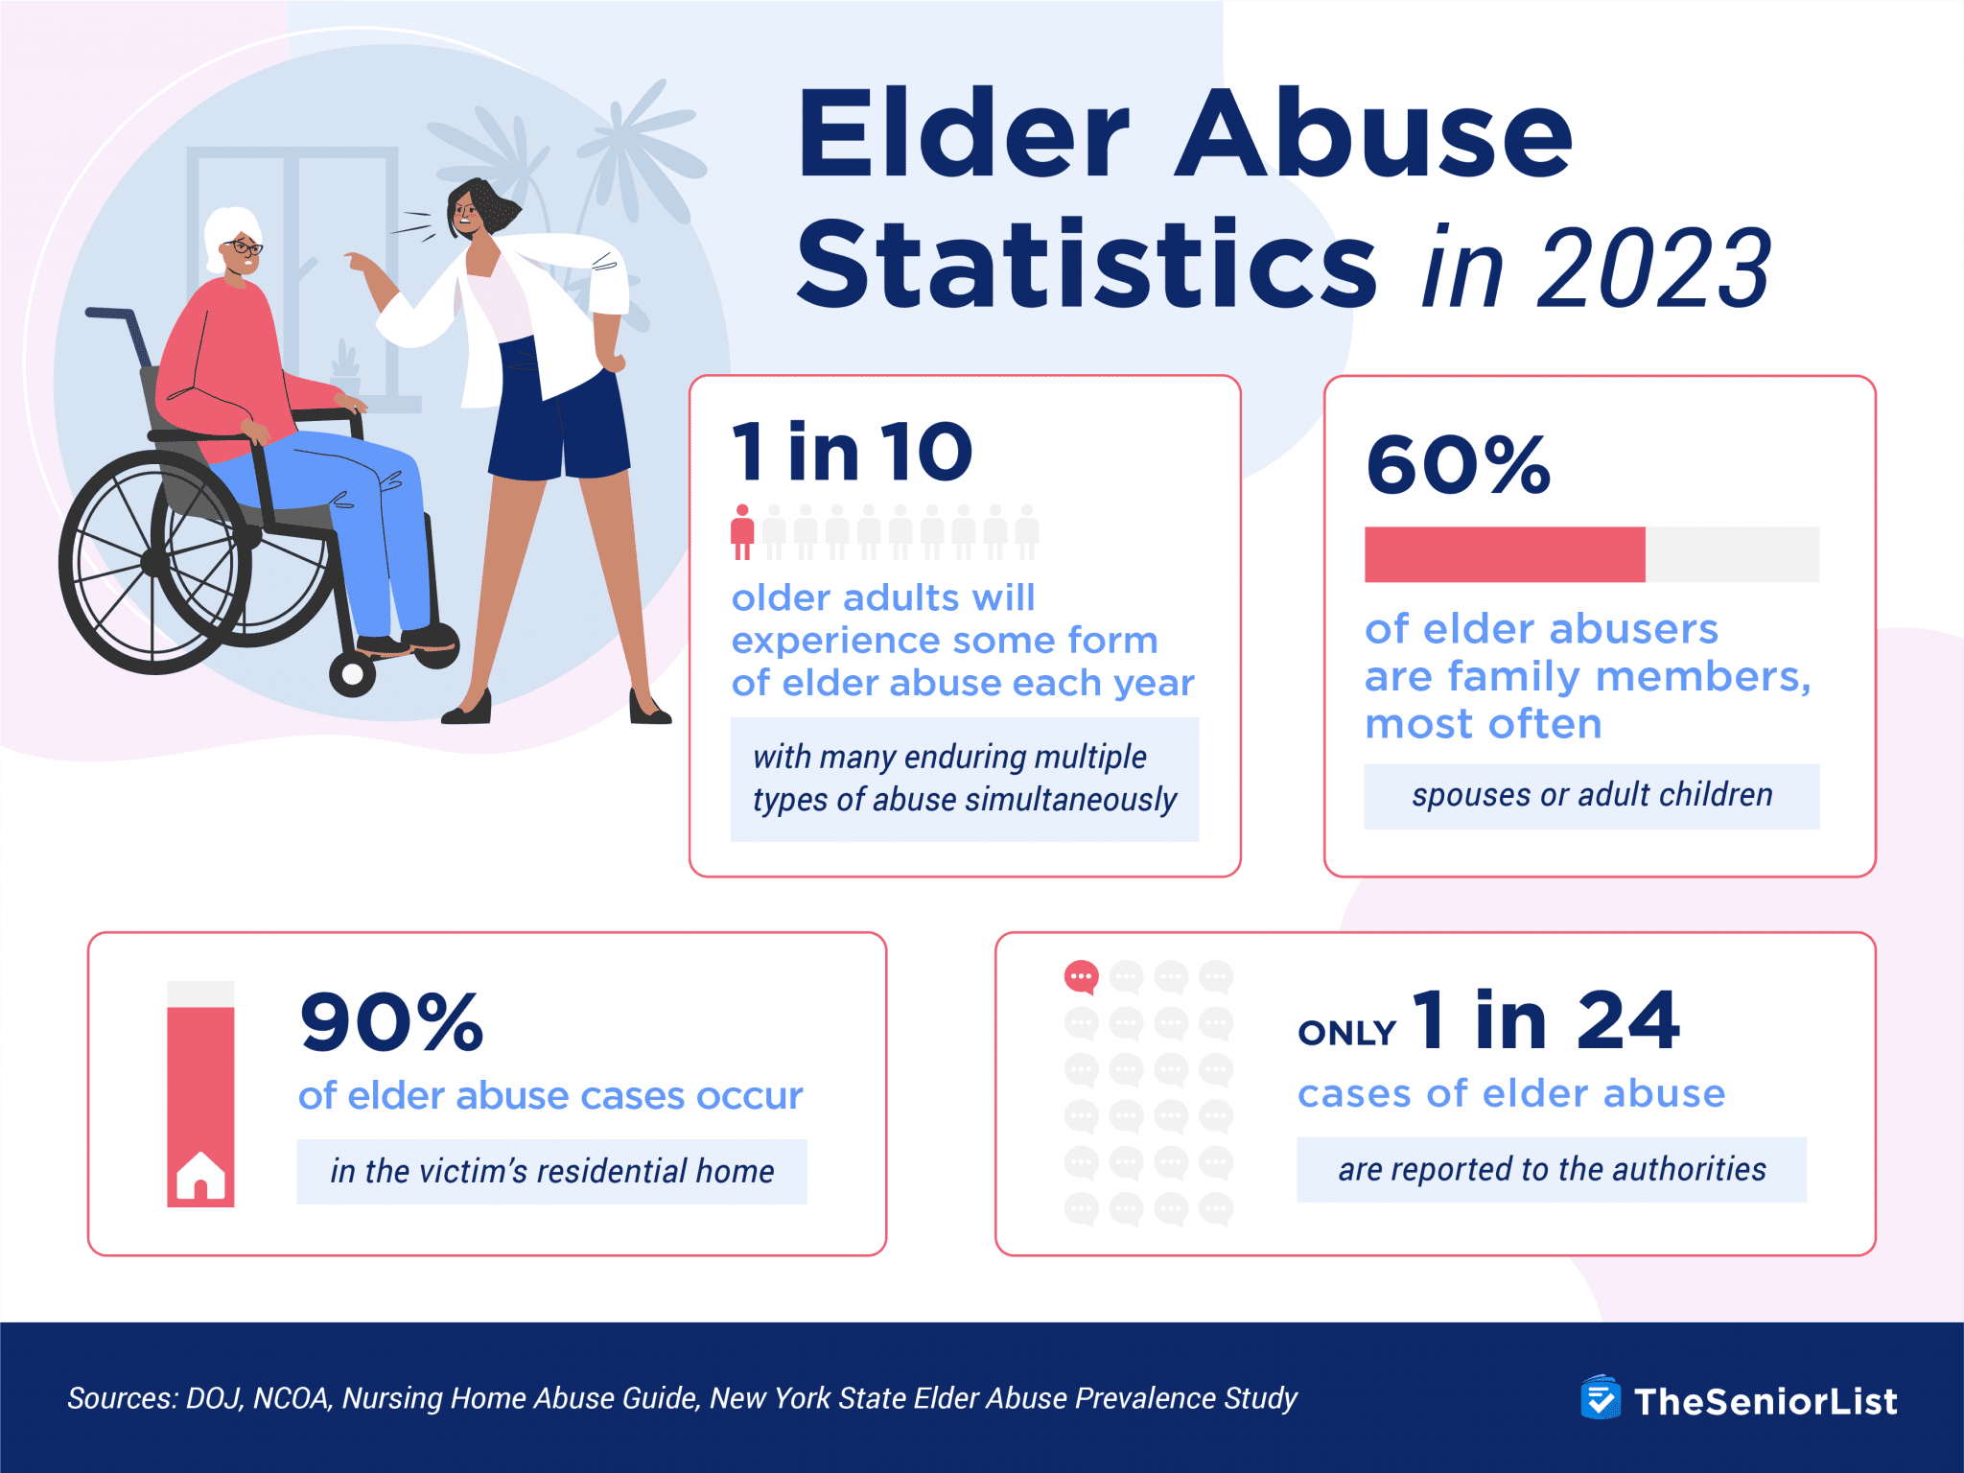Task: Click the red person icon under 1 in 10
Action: click(742, 533)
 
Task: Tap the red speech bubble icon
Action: click(1081, 977)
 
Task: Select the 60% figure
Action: click(1458, 466)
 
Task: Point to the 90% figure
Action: click(391, 1022)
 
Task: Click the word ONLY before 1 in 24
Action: click(1346, 1033)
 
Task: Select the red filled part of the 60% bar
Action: click(1504, 554)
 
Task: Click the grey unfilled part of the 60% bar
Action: click(1732, 554)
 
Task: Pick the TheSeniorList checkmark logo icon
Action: click(1600, 1399)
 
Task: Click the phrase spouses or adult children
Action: click(1591, 796)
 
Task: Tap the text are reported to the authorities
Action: click(1551, 1170)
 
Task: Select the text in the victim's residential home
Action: click(551, 1172)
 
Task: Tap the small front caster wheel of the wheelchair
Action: click(352, 674)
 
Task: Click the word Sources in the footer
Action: click(121, 1398)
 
